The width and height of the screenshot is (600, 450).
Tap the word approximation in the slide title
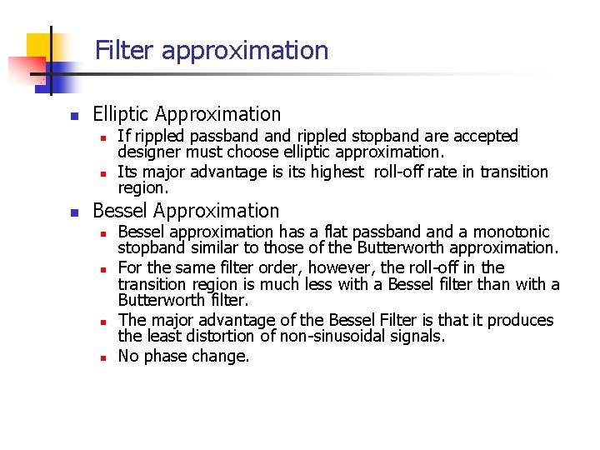[x=245, y=51]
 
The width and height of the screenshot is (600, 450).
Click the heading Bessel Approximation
[x=186, y=211]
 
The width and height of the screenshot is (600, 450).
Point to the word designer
[x=147, y=152]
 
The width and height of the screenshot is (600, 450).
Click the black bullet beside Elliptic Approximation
[x=73, y=116]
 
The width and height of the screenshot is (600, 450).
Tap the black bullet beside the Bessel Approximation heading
[x=73, y=212]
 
